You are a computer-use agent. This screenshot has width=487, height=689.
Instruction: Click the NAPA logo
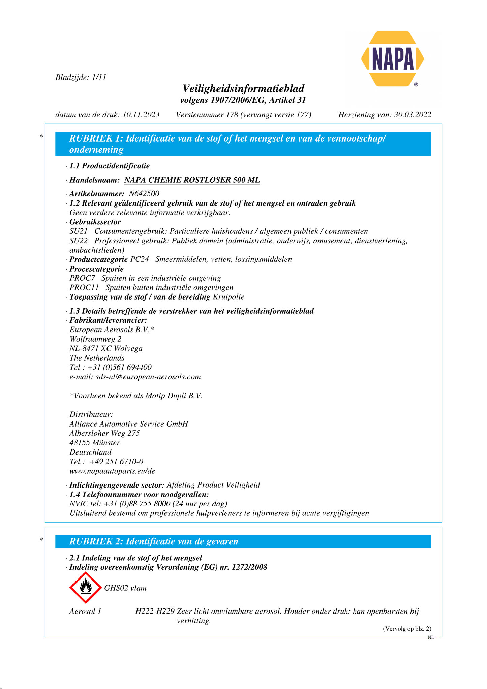pyautogui.click(x=392, y=59)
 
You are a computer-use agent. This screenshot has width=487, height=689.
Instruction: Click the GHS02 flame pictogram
pyautogui.click(x=86, y=588)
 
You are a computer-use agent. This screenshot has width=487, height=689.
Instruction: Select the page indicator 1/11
pyautogui.click(x=99, y=77)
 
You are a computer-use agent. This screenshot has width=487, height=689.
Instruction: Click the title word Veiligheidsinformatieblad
pyautogui.click(x=243, y=89)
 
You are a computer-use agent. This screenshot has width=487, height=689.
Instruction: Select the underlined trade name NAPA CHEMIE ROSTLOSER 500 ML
pyautogui.click(x=192, y=180)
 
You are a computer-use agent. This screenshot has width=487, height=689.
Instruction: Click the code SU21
pyautogui.click(x=79, y=231)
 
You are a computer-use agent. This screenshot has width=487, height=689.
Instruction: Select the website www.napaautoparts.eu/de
pyautogui.click(x=112, y=471)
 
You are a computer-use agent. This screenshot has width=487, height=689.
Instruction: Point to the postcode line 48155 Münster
pyautogui.click(x=95, y=443)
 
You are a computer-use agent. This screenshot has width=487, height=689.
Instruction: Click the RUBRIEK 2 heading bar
pyautogui.click(x=243, y=541)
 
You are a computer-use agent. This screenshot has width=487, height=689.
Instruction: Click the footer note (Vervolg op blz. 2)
pyautogui.click(x=407, y=629)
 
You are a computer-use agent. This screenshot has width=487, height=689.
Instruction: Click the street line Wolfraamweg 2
pyautogui.click(x=95, y=339)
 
